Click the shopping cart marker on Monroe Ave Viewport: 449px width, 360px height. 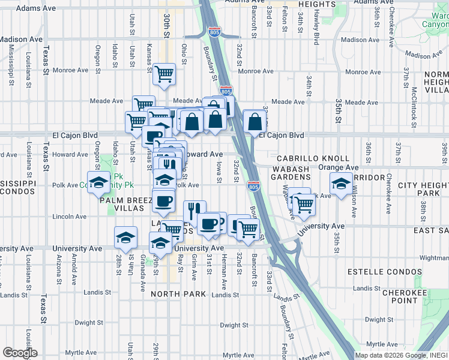tap(164, 74)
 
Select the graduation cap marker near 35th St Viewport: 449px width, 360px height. tap(341, 184)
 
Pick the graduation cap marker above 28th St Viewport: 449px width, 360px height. tap(125, 238)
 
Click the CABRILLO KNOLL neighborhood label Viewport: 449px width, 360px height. tap(313, 158)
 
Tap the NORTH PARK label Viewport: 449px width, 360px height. tap(178, 294)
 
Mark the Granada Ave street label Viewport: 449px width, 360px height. tap(142, 264)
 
